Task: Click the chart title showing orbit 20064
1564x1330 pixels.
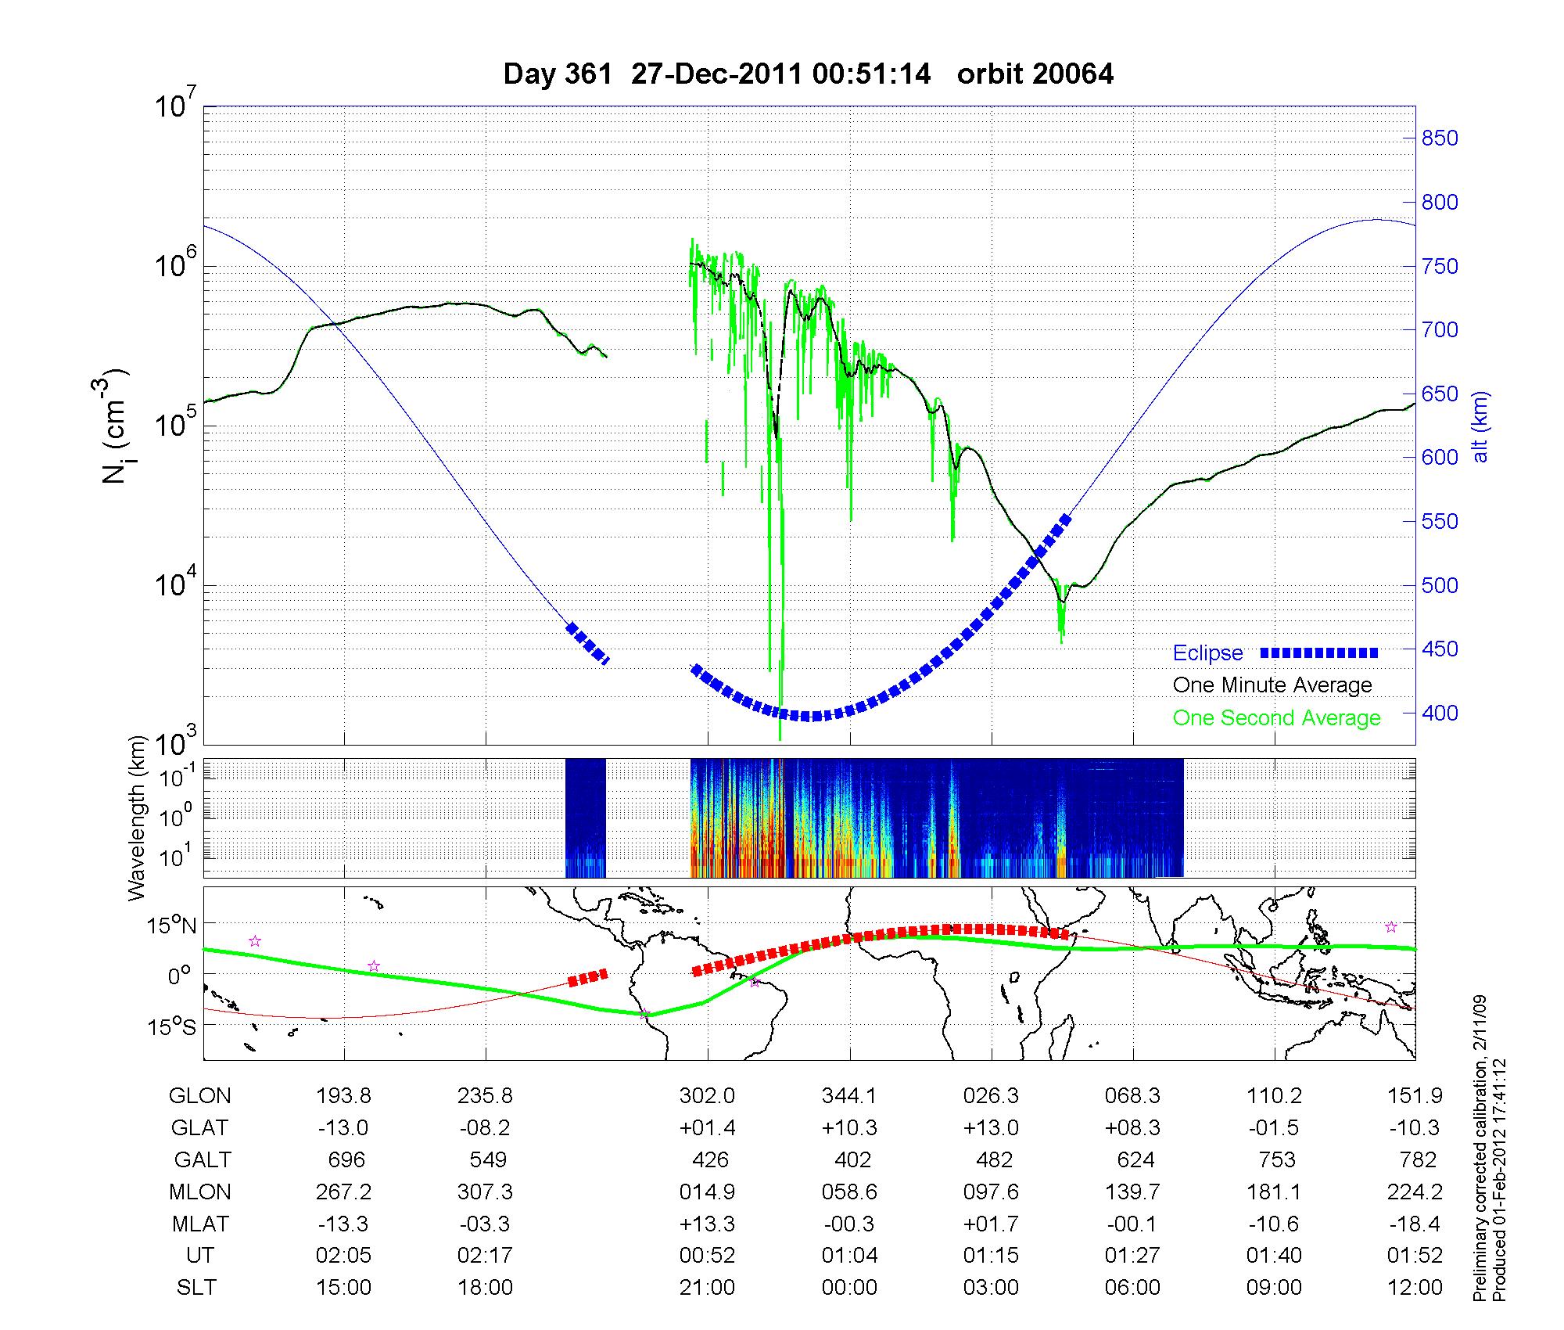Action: coord(809,74)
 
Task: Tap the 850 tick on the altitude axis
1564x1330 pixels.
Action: coord(1439,138)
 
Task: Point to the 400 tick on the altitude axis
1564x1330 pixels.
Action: coord(1439,713)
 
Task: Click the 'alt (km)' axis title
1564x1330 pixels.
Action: coord(1480,426)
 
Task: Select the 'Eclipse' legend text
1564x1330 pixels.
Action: coord(1207,653)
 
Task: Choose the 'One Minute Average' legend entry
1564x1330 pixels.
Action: coord(1272,685)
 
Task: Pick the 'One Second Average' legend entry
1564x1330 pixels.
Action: coord(1276,718)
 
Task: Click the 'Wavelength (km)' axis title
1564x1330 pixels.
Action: coord(138,818)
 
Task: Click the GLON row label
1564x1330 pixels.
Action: coord(199,1096)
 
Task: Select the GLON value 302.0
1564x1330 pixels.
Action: coord(707,1096)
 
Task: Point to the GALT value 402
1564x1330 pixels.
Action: coord(852,1159)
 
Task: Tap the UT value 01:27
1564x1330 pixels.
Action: coord(1132,1256)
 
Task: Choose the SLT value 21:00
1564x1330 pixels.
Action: coord(707,1288)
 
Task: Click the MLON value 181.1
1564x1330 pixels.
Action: coord(1274,1192)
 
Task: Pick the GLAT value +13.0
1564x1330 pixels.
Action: coord(992,1128)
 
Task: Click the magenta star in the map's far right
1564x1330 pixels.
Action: coord(1391,927)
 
